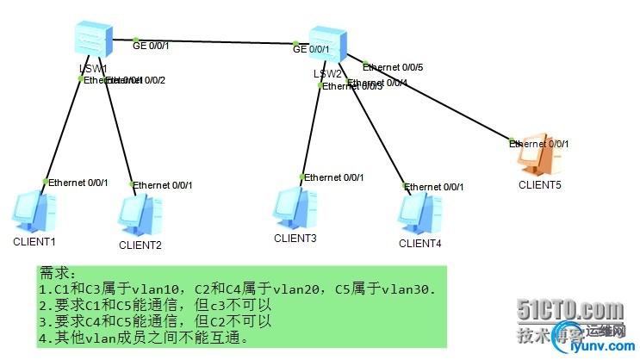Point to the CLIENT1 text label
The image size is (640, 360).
(x=34, y=242)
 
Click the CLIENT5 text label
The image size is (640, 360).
(x=539, y=184)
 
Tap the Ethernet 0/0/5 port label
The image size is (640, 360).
(x=393, y=66)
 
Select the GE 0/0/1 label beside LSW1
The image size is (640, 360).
(x=151, y=44)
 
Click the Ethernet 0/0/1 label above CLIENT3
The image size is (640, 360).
(x=334, y=177)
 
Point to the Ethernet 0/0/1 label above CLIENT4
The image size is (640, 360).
(x=435, y=187)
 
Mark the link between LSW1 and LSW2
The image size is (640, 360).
(x=215, y=40)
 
